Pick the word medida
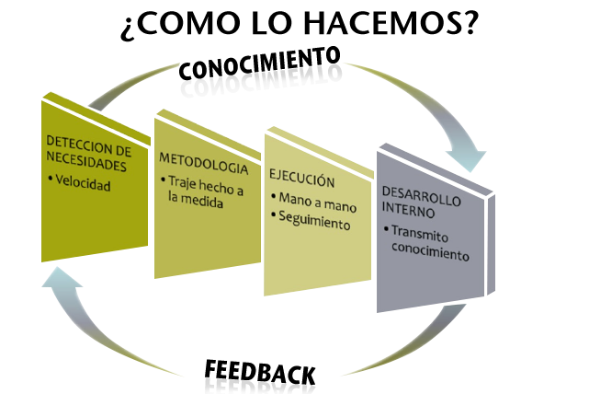tap(195, 204)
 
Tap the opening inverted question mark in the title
tap(127, 28)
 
